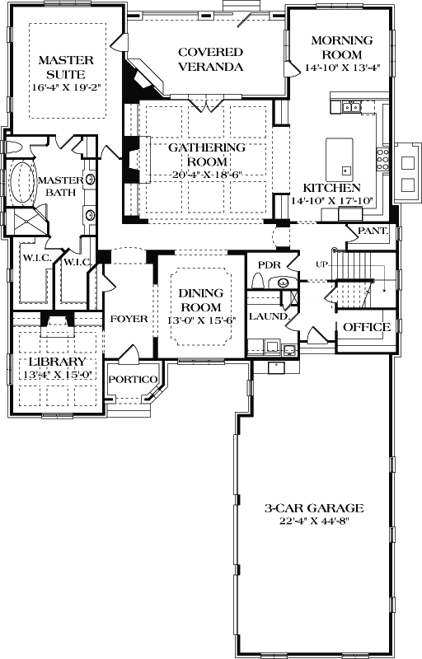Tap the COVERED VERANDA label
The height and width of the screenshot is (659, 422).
[210, 59]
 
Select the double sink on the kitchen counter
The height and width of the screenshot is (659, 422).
[355, 106]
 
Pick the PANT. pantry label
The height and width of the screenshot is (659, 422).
[372, 231]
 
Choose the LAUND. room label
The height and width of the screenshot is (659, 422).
[267, 315]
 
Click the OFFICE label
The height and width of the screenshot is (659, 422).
[366, 327]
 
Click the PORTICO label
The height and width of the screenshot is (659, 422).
[133, 379]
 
